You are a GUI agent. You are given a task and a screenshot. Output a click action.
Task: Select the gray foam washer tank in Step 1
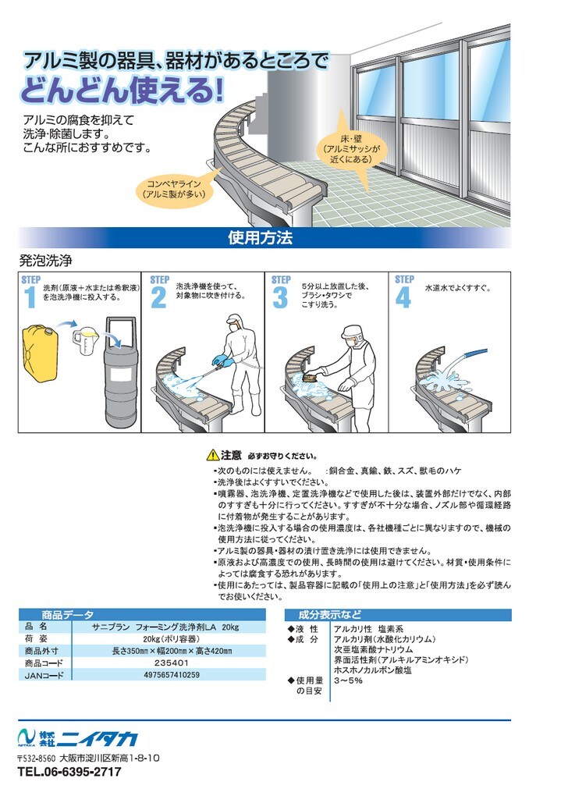coord(120,373)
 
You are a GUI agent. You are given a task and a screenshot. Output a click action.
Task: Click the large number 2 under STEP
coord(158,298)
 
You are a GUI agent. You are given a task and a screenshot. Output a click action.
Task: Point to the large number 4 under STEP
coord(403,298)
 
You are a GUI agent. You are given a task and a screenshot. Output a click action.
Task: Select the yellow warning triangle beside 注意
coord(212,455)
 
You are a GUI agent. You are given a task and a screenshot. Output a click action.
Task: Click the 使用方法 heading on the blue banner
coord(260,237)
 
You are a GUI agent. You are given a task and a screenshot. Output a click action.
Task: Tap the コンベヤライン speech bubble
coord(174,189)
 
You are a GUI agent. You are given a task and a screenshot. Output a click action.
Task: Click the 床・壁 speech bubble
coord(351,148)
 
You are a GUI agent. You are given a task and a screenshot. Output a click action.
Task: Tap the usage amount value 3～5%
coord(348,680)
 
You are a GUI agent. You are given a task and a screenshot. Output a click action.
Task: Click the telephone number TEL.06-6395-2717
coord(69,772)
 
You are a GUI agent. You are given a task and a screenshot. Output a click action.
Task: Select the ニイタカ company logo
coord(77,738)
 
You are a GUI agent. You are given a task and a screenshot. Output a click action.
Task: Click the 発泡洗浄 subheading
coord(45,261)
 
